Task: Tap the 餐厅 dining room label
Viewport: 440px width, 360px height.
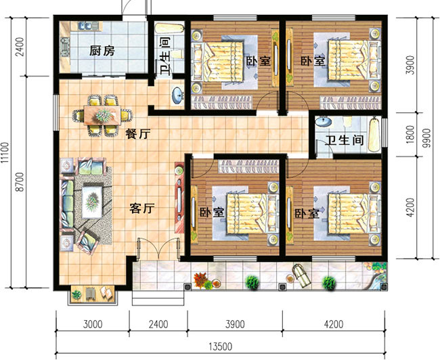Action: (137, 134)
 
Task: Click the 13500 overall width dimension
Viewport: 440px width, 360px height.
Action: (219, 347)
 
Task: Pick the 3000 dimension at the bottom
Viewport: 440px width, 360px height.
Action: (93, 324)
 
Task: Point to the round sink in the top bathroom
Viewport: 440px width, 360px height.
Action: (177, 95)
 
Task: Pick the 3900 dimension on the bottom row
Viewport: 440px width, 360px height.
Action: (232, 324)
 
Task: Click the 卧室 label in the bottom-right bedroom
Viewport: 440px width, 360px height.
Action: (307, 213)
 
